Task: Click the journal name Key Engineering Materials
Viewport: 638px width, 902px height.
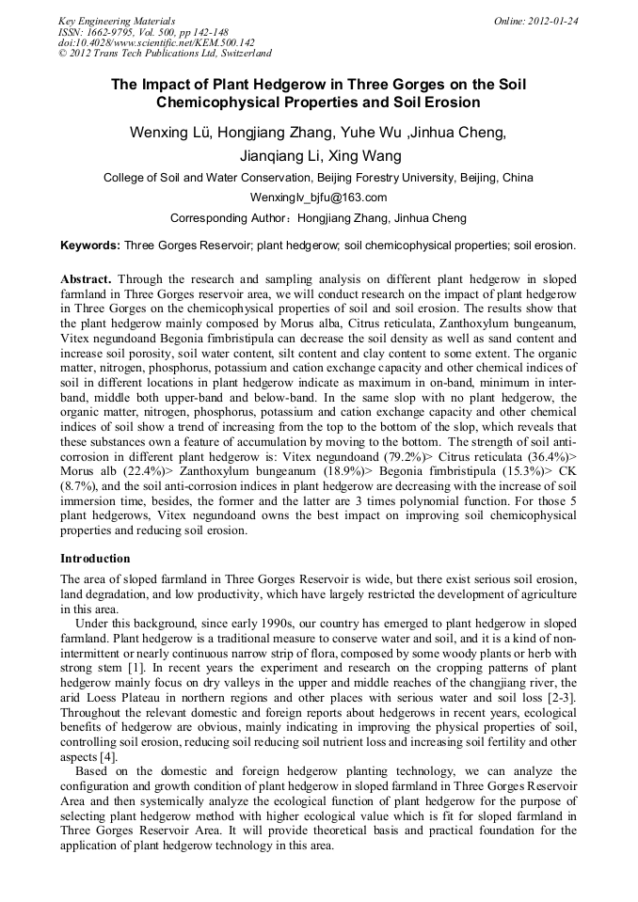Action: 117,20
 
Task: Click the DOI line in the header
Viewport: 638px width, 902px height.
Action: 156,42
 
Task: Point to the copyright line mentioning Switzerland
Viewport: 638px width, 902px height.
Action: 165,54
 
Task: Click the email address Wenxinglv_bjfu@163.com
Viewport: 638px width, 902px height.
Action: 318,198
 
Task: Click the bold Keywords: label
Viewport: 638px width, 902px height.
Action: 90,245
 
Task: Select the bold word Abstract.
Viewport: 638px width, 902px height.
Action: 86,280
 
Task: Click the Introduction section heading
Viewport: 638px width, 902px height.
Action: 95,558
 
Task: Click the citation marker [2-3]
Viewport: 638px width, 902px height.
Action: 562,696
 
